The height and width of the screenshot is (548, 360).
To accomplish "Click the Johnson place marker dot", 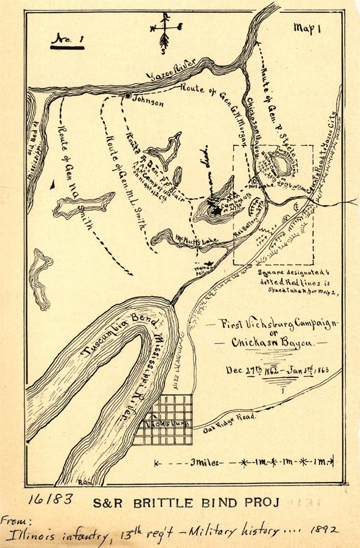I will (128, 96).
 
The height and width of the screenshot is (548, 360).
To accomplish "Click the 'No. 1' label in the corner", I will (66, 39).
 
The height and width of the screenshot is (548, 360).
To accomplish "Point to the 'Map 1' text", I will (307, 29).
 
